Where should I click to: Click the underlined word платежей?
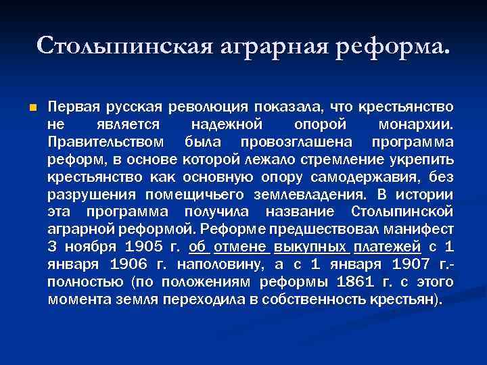393,247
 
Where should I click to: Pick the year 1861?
354,282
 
